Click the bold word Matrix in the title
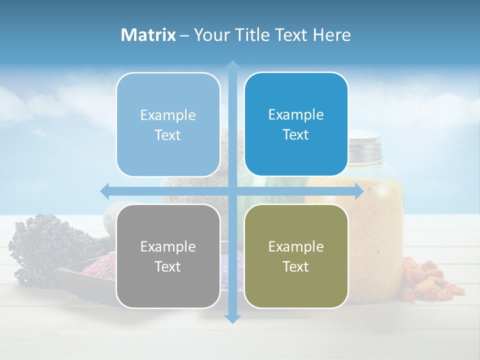(148, 35)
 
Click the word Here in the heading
(332, 35)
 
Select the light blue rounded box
(168, 124)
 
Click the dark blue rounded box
(296, 124)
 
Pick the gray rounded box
(168, 256)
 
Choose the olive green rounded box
(296, 256)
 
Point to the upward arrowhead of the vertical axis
(232, 65)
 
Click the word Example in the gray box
(168, 246)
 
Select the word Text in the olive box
(296, 266)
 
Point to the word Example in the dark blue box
(296, 114)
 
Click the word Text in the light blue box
(168, 135)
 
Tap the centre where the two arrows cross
(232, 191)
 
